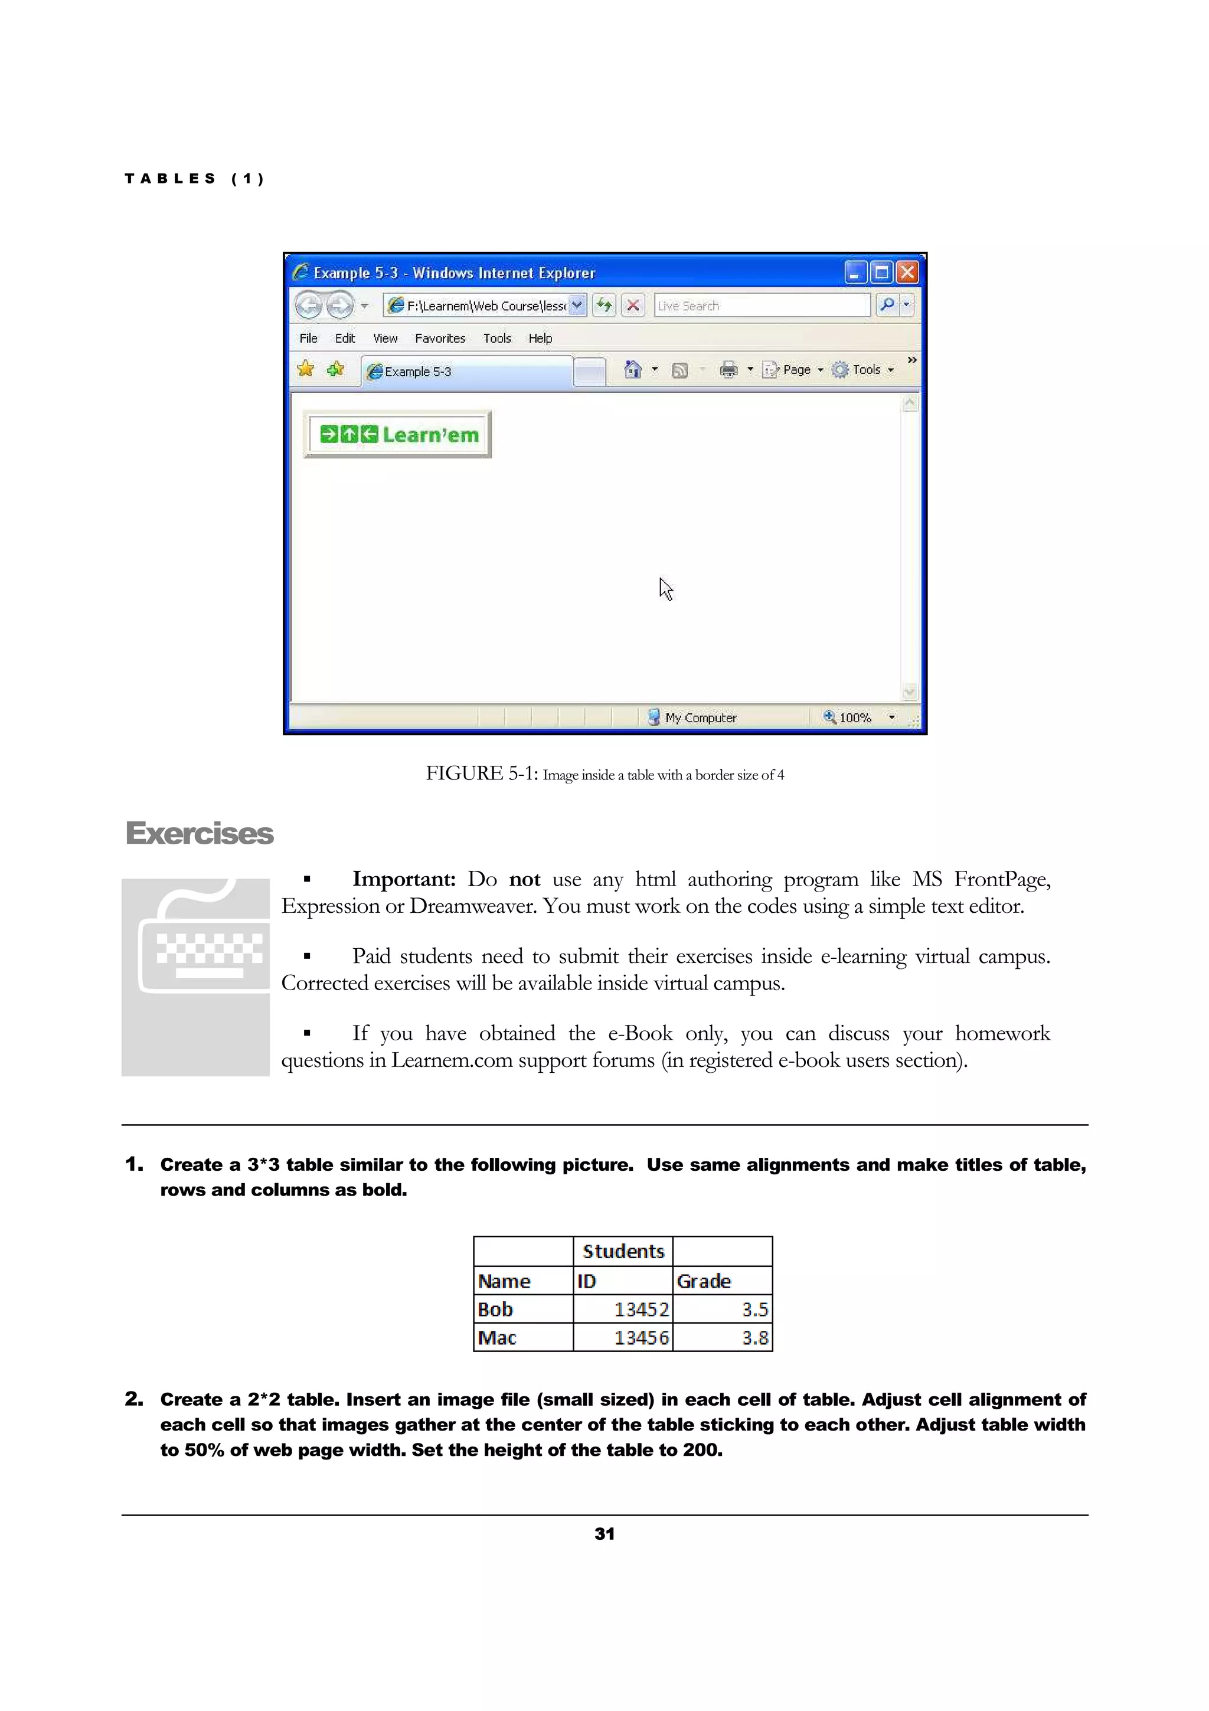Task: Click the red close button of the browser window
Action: tap(907, 273)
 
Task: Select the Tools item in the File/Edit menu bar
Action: tap(497, 338)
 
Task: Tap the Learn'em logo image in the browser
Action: tap(398, 435)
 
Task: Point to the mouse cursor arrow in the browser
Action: tap(665, 589)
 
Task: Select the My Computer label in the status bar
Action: tap(700, 717)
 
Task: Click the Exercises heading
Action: tap(199, 833)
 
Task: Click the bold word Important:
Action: tap(403, 879)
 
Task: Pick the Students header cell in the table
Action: tap(623, 1251)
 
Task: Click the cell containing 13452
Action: tap(623, 1310)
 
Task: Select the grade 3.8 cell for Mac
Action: tap(723, 1338)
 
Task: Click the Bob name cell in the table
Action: tap(523, 1310)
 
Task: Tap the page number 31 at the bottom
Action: tap(604, 1534)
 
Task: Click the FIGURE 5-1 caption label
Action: tap(481, 773)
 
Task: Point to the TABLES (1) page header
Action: tap(194, 179)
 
